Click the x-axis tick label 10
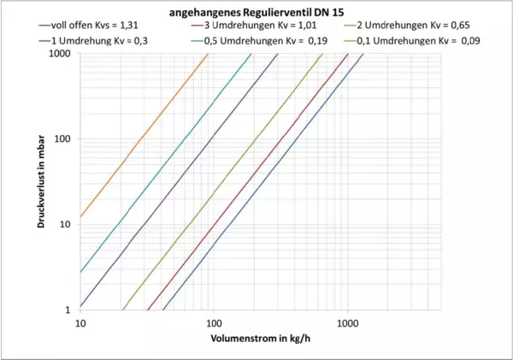[80, 323]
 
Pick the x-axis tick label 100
[213, 323]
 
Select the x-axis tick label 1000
[347, 323]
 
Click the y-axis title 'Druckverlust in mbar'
[39, 181]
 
